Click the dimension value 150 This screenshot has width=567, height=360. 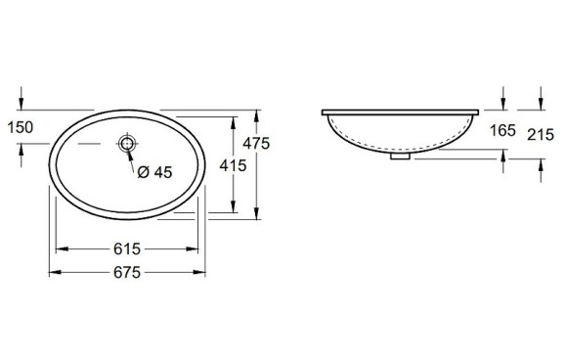click(x=20, y=126)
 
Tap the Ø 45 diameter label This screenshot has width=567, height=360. click(x=154, y=171)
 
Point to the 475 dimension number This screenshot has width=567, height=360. click(x=256, y=144)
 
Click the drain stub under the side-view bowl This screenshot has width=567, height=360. click(x=400, y=155)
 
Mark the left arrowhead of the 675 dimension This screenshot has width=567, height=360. click(x=53, y=272)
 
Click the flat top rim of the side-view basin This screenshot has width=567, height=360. click(x=400, y=109)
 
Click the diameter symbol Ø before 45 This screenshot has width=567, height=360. click(x=143, y=171)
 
